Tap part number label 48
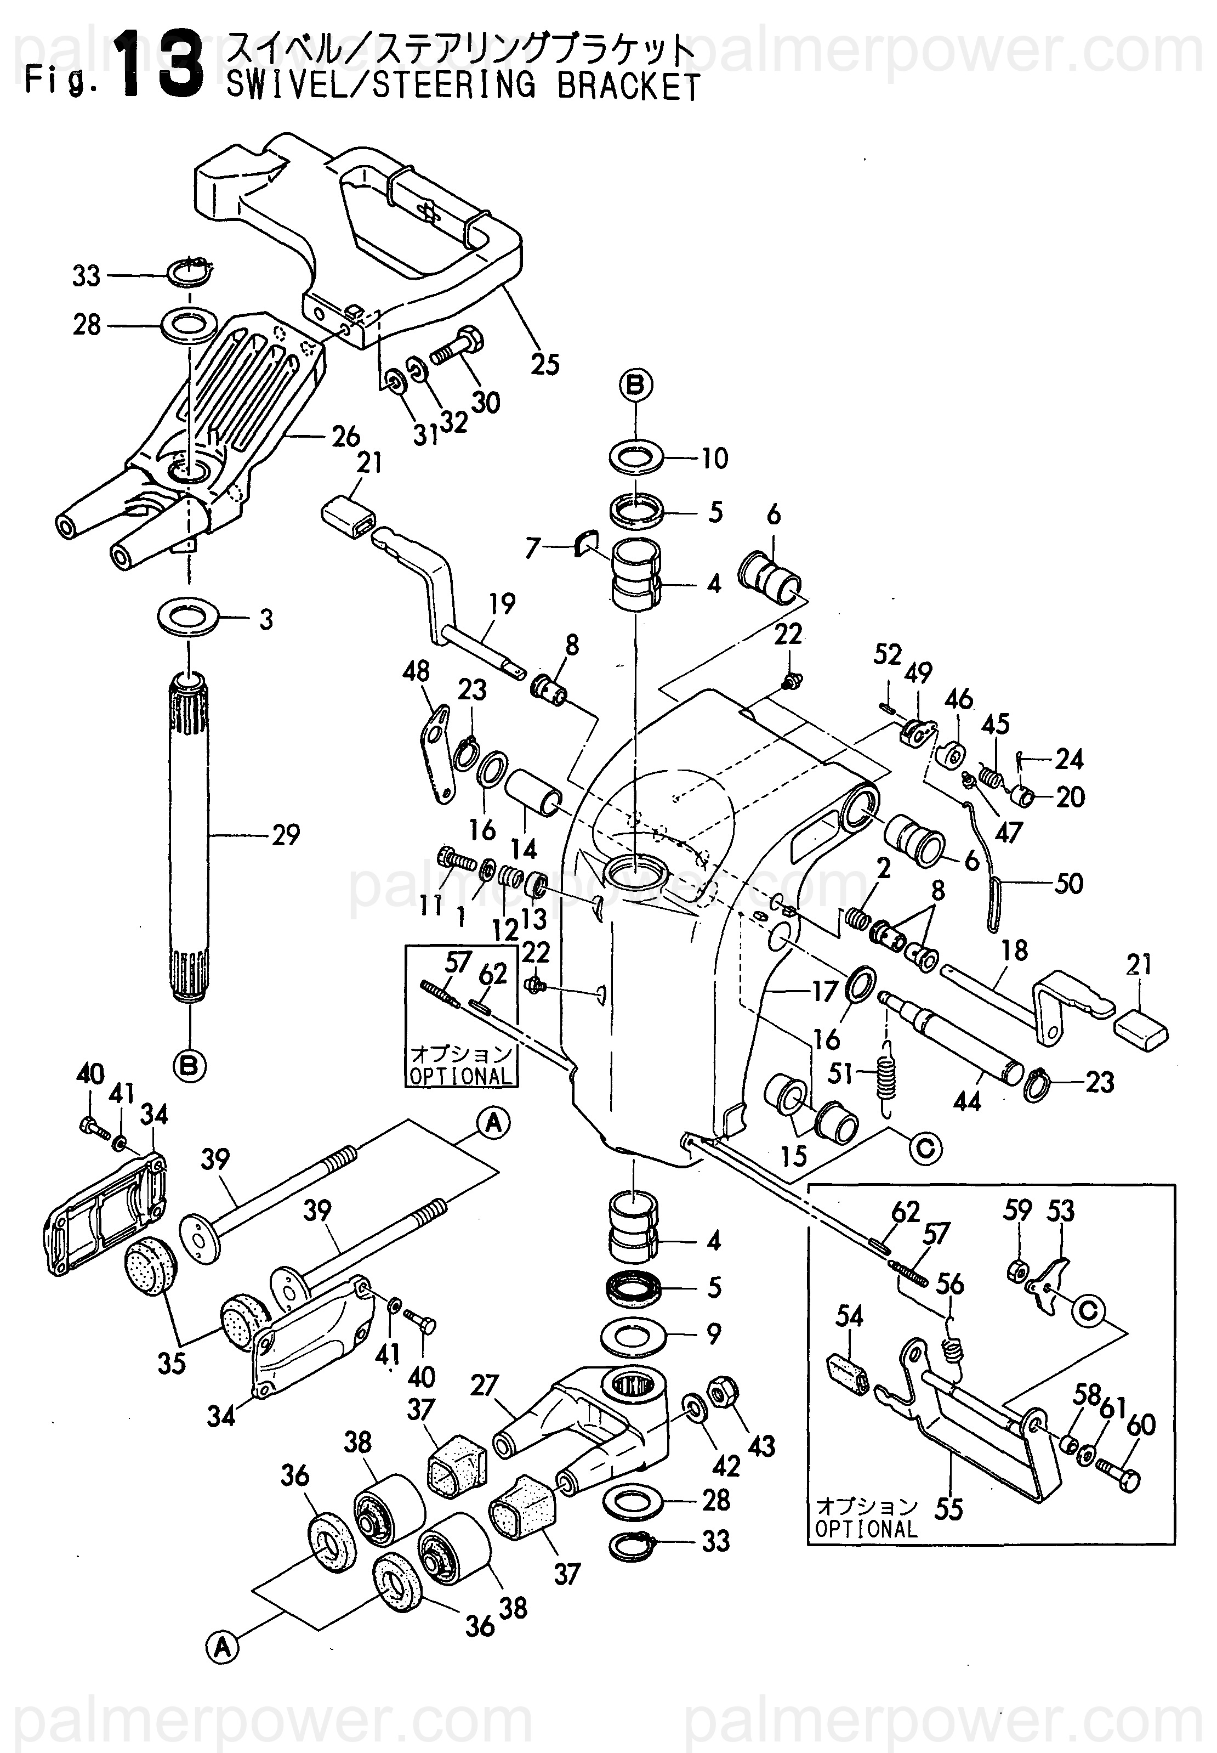416,672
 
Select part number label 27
484,1386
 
